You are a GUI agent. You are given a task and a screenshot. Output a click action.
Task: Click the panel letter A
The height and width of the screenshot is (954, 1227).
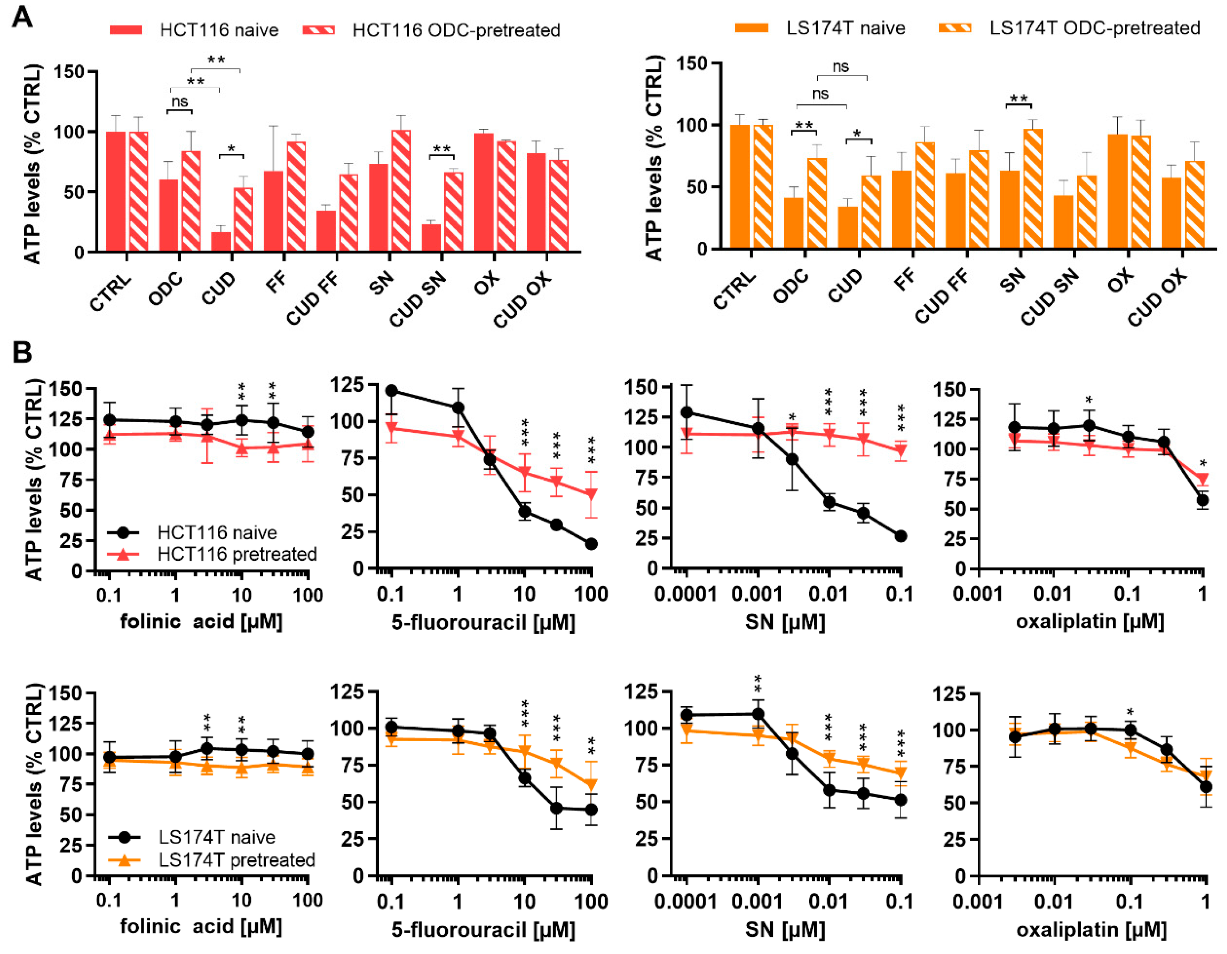tap(23, 17)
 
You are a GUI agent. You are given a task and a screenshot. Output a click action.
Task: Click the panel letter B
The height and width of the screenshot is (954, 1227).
tap(23, 353)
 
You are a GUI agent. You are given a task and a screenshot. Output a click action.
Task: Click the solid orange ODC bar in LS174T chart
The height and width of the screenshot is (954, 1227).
tap(793, 223)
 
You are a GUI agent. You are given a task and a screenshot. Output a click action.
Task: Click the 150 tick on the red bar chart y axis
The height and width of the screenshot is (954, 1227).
tap(69, 72)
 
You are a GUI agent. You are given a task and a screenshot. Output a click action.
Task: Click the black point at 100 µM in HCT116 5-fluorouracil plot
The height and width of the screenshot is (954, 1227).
tap(591, 544)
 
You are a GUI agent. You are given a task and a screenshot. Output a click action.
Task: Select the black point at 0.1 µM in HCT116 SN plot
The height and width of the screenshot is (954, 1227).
tap(900, 536)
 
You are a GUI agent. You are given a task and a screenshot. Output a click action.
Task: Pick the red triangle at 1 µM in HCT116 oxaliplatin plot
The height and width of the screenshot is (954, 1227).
tap(1202, 479)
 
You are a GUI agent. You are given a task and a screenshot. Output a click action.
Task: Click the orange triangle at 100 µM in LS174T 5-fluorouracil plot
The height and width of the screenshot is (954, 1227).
tap(591, 784)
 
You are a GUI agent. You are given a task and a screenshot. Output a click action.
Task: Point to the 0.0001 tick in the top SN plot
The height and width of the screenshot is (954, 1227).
tap(686, 594)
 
